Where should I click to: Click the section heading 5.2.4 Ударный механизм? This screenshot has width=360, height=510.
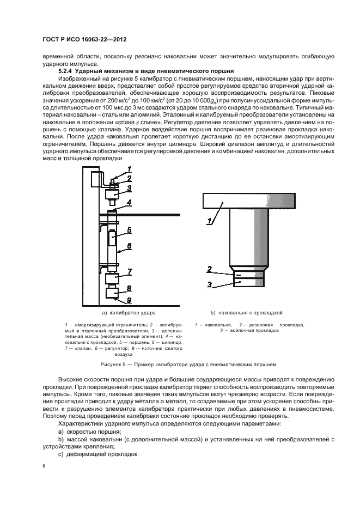[x=146, y=71]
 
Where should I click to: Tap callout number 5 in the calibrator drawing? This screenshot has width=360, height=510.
[x=129, y=230]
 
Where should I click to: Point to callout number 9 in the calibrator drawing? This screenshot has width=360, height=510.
[x=129, y=300]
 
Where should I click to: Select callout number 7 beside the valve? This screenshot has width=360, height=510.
[x=129, y=271]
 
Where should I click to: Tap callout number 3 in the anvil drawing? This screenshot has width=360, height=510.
[x=209, y=284]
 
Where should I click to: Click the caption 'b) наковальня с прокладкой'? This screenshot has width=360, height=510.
[x=246, y=314]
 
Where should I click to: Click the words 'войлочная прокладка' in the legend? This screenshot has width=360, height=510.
[x=251, y=330]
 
